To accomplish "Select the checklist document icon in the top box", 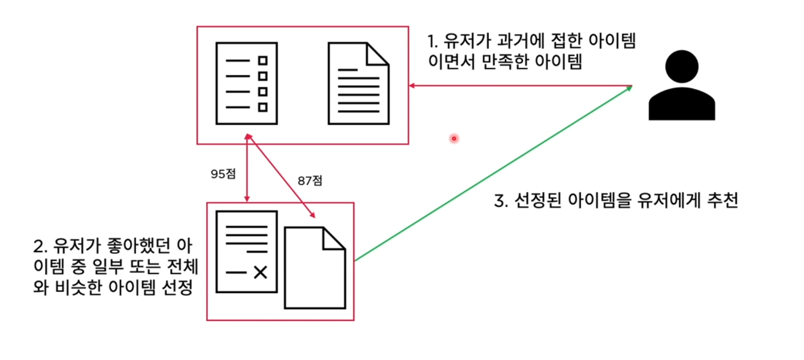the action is [247, 83].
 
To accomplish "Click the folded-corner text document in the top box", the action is [358, 83].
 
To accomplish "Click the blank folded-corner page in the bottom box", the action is [315, 268].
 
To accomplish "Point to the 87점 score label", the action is [310, 181].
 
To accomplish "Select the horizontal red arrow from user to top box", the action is [520, 86].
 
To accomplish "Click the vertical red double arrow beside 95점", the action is [247, 168].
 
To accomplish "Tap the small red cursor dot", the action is [454, 139].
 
